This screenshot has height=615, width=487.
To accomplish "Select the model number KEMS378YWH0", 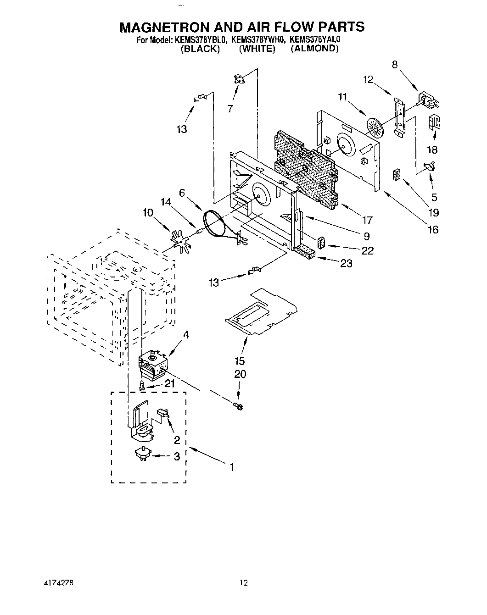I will click(x=258, y=40).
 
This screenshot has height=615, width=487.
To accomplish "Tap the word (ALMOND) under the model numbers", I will click(x=314, y=49).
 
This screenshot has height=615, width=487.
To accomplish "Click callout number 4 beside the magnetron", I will click(x=186, y=335).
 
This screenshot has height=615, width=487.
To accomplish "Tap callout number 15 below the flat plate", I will click(x=240, y=361).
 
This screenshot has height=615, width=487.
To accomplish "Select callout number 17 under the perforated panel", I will click(x=367, y=221).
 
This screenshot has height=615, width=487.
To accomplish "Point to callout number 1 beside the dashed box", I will click(x=232, y=467).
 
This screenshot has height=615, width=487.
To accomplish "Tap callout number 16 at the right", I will click(x=432, y=229).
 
